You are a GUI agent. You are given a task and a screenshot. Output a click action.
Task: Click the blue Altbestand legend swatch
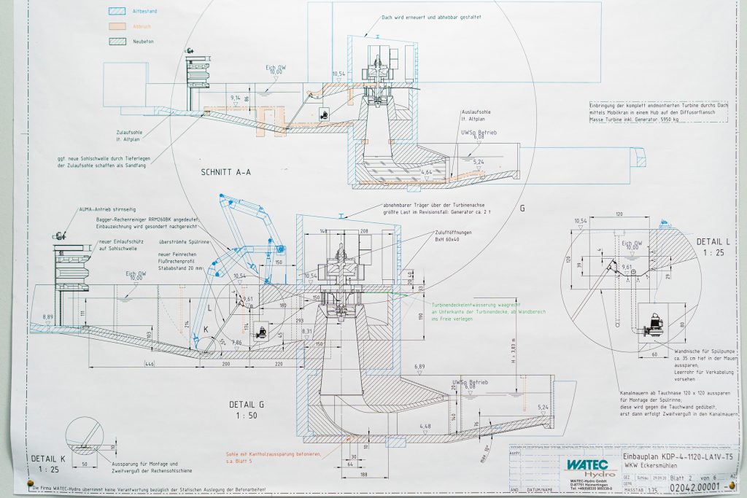(116, 12)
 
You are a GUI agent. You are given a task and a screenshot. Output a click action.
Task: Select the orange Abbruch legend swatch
(116, 27)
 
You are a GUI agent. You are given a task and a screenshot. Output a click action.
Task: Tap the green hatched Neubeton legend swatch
(116, 42)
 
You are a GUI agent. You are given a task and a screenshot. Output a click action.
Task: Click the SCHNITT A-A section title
(225, 172)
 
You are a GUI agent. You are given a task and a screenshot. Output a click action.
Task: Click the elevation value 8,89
(47, 316)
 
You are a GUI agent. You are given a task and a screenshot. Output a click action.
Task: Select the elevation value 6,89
(419, 366)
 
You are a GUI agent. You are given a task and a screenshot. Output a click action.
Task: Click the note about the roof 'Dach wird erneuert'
(431, 17)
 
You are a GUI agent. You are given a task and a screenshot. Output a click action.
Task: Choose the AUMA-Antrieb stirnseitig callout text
(109, 210)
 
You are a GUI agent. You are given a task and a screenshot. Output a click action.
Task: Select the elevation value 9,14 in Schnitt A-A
(235, 97)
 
